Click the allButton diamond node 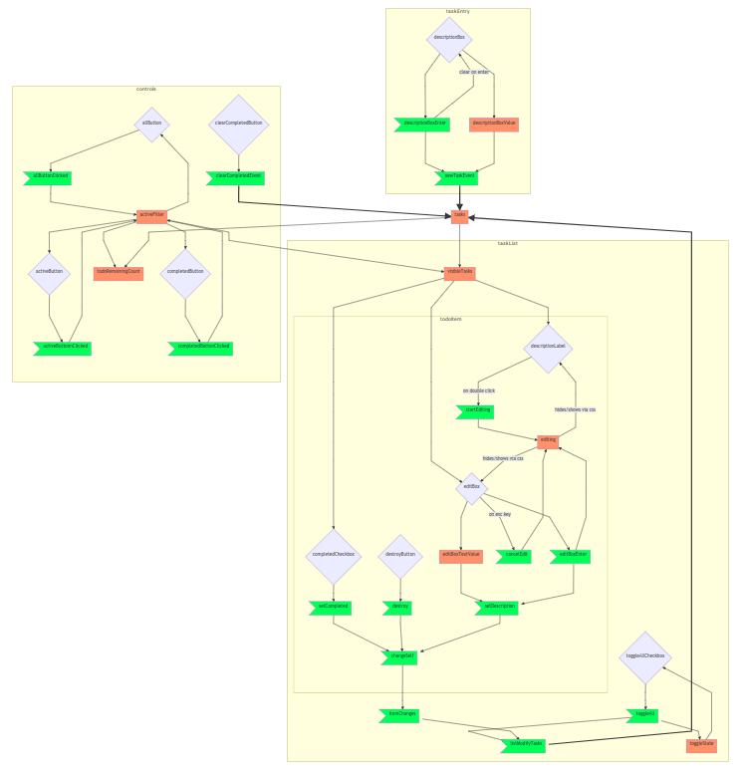(x=151, y=124)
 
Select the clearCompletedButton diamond (x=239, y=124)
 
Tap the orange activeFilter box (x=151, y=216)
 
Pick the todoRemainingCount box (x=119, y=273)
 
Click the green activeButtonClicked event (x=62, y=348)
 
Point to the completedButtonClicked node (x=203, y=348)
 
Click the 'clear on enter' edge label (x=474, y=72)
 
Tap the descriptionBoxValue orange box (x=494, y=125)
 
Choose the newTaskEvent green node (x=459, y=177)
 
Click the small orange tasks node (x=459, y=216)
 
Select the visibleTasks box (x=459, y=272)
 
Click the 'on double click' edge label (x=479, y=390)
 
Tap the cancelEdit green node (x=518, y=555)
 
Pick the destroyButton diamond (x=400, y=555)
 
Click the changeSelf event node (x=400, y=656)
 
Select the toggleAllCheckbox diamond (x=645, y=657)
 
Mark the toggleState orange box (x=701, y=744)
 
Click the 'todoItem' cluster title (x=450, y=319)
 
